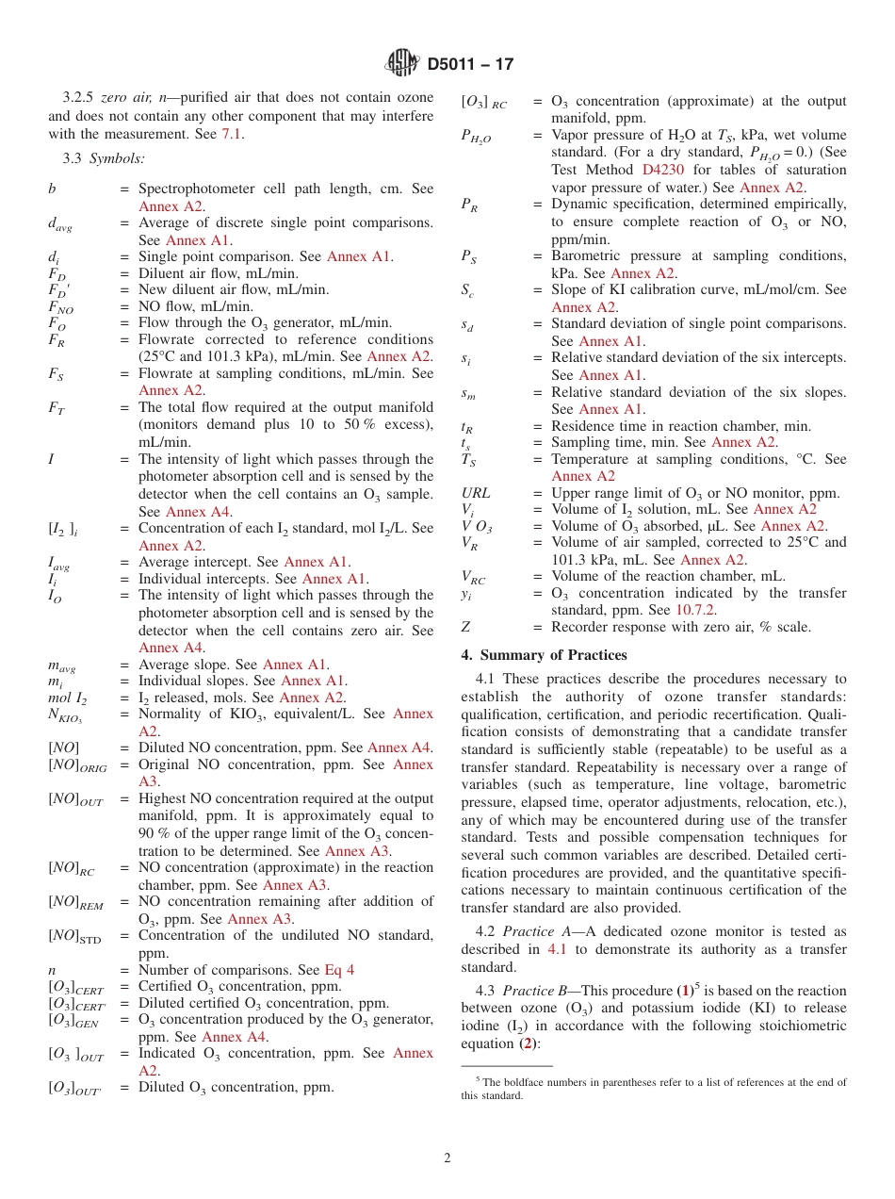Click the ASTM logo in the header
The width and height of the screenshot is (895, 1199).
point(402,64)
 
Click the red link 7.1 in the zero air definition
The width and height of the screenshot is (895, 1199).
point(232,134)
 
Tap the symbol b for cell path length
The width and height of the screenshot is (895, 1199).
point(52,189)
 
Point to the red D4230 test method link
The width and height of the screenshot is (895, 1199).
point(664,170)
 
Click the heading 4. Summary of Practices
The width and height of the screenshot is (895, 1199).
point(544,655)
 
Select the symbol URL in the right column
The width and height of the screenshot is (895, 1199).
point(476,493)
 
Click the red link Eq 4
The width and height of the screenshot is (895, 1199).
point(339,970)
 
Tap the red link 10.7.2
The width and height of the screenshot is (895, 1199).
point(695,610)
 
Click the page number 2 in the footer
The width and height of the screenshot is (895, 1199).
point(447,1158)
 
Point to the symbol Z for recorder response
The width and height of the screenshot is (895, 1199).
point(465,627)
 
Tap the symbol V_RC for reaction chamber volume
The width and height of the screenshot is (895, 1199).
point(474,577)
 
